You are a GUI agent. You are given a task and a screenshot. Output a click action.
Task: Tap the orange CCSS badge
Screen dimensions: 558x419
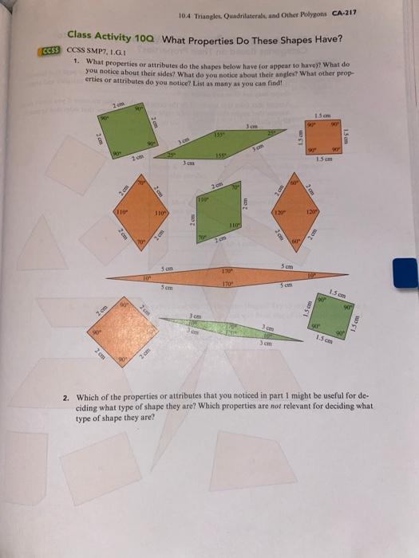[49, 50]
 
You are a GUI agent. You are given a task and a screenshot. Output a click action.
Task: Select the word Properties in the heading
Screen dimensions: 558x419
[214, 38]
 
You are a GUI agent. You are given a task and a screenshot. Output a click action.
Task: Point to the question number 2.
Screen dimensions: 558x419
[65, 395]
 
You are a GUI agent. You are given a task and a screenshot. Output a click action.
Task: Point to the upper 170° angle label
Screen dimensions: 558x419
[227, 272]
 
